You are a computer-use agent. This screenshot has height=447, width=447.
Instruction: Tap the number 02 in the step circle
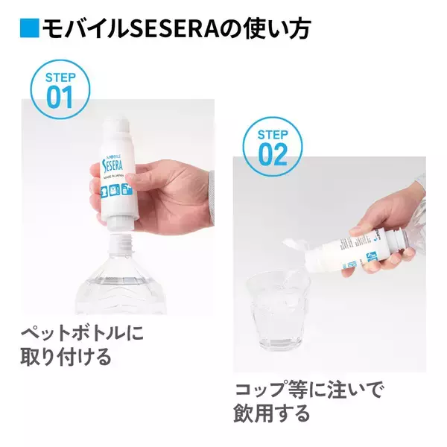point(273,153)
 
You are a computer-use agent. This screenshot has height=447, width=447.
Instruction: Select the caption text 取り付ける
point(66,356)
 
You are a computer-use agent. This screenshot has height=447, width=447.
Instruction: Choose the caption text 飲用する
point(272,413)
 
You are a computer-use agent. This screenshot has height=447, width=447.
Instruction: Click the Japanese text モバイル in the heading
point(81,28)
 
